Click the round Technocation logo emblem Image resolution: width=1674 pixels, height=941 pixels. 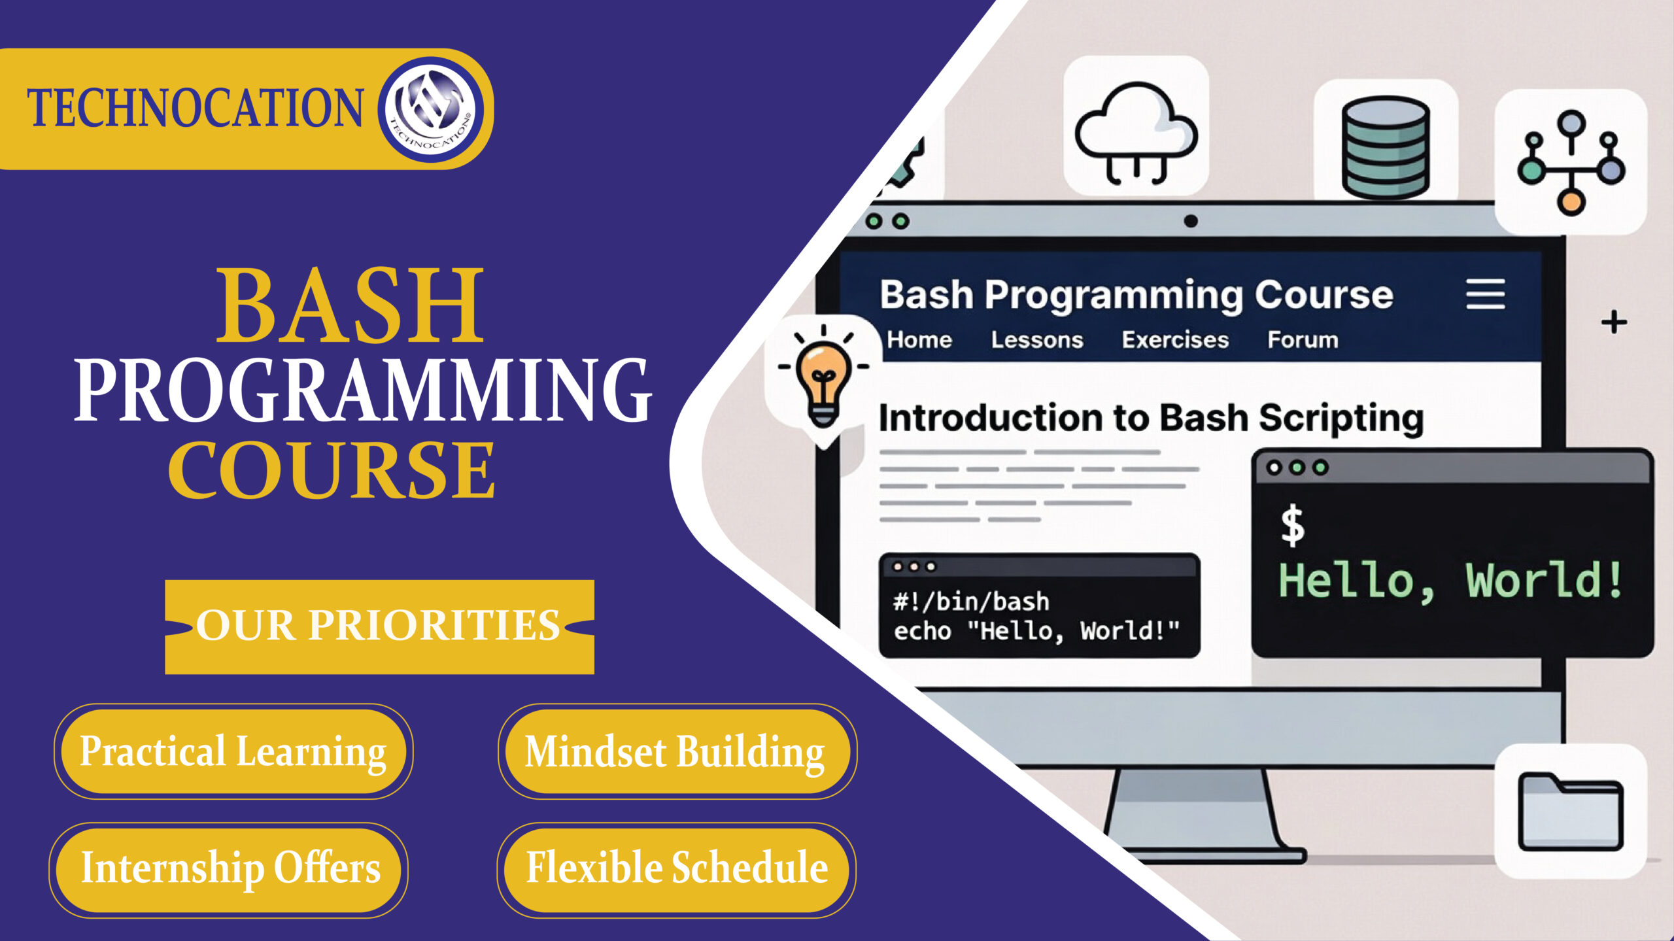click(x=432, y=109)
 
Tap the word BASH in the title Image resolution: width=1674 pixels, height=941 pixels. click(x=350, y=305)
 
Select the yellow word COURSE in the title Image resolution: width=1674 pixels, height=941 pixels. click(x=332, y=470)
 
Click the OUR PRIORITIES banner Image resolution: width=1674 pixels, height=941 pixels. click(x=379, y=626)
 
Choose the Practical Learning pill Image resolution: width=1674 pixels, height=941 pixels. click(x=233, y=751)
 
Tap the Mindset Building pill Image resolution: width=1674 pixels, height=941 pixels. click(x=676, y=751)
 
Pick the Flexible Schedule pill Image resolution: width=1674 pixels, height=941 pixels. click(x=676, y=869)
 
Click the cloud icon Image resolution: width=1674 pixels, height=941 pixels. click(x=1136, y=131)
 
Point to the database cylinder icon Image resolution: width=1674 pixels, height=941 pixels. click(x=1385, y=146)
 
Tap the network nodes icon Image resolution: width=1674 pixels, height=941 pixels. click(x=1571, y=162)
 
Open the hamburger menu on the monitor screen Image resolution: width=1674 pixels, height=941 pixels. click(x=1485, y=294)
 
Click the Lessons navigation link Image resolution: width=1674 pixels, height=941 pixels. click(x=1037, y=340)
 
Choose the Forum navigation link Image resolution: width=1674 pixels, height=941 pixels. click(x=1303, y=340)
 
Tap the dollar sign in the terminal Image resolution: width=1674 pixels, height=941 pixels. click(x=1292, y=526)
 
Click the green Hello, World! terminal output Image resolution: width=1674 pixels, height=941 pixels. click(x=1450, y=580)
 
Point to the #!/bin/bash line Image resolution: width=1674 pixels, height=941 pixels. click(x=971, y=602)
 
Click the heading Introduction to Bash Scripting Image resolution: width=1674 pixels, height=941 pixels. click(x=1151, y=418)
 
